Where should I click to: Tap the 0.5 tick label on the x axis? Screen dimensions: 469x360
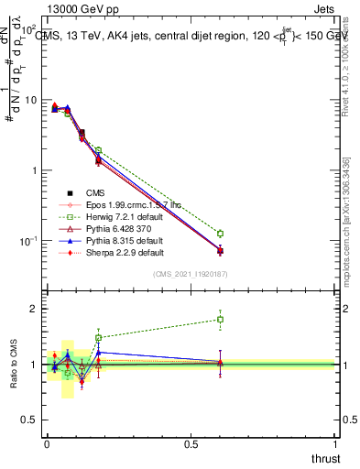click(191, 444)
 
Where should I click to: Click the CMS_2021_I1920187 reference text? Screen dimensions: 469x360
click(191, 275)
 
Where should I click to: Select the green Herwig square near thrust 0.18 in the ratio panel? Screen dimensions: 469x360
click(98, 337)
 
